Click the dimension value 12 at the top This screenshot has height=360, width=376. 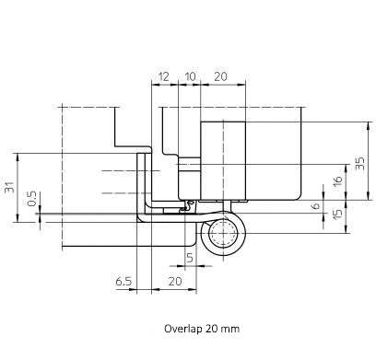point(164,76)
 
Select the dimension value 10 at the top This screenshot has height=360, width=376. point(191,76)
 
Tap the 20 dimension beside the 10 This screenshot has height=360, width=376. point(220,76)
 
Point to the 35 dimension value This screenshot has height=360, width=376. point(360,163)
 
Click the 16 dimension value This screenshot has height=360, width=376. point(337,180)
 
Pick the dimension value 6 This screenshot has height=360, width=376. point(315,205)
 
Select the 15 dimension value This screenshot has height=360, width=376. point(337,215)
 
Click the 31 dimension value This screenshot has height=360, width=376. point(10,187)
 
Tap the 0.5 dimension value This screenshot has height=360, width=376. point(31,199)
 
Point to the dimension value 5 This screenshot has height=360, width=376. point(190,258)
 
